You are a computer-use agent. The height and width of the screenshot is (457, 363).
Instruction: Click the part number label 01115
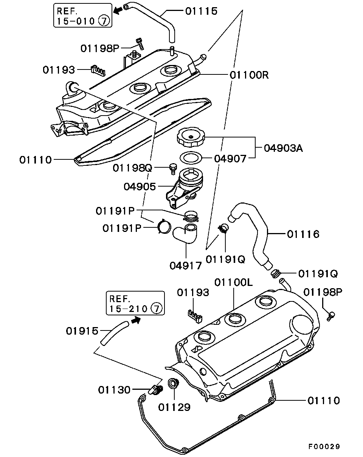(201, 11)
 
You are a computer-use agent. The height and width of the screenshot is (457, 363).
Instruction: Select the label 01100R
(249, 75)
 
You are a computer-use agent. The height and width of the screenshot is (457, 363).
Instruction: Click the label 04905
(140, 187)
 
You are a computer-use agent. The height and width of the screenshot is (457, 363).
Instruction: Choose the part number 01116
(303, 234)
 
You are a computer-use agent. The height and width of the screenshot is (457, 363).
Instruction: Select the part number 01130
(115, 389)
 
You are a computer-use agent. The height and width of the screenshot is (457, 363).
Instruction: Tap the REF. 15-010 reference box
(83, 15)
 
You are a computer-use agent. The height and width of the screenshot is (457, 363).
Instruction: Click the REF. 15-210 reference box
(135, 303)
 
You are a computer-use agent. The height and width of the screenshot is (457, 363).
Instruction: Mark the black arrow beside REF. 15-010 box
(119, 11)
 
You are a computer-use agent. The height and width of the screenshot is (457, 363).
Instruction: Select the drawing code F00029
(324, 446)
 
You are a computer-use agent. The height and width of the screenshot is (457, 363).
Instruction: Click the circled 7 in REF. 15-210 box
(156, 309)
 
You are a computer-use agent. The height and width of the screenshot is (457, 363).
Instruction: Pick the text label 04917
(185, 266)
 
